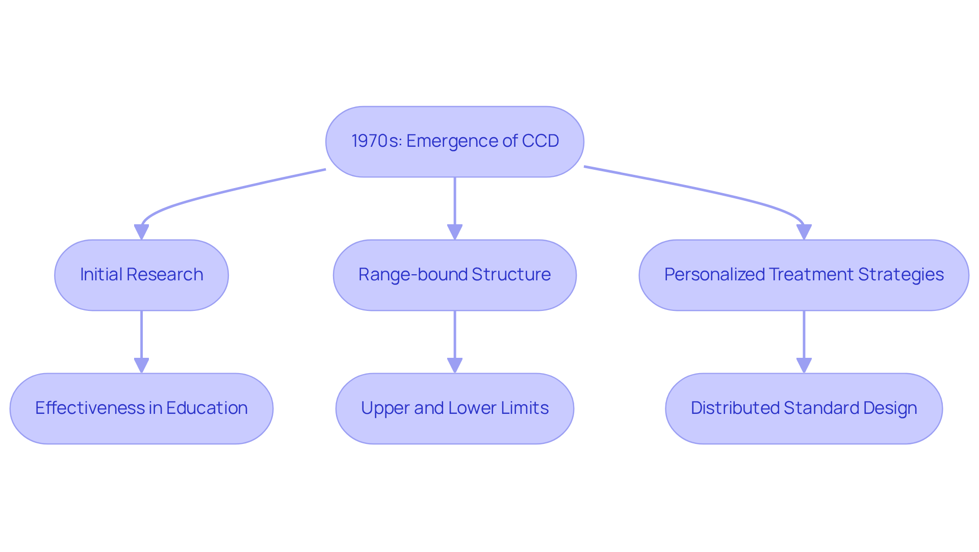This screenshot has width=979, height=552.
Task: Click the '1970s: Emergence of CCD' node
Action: [x=454, y=141]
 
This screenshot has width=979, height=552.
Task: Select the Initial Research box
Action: [x=141, y=275]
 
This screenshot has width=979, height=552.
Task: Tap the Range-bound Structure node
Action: [x=454, y=275]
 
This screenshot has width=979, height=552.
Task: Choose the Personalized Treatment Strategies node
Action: [x=804, y=275]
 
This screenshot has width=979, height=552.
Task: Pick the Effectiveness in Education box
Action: [x=141, y=409]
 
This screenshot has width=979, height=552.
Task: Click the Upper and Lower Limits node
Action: [x=454, y=409]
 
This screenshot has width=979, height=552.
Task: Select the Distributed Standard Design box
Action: [x=804, y=409]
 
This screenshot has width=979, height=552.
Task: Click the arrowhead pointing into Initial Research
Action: [x=141, y=232]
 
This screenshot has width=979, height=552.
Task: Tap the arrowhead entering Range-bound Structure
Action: [x=454, y=232]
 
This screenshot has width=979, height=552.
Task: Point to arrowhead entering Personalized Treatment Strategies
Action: [x=804, y=232]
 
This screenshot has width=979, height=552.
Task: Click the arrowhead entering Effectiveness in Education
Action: [x=141, y=365]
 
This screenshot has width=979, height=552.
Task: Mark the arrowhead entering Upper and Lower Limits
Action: [x=454, y=365]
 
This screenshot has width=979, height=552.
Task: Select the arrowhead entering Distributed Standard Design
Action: [x=804, y=365]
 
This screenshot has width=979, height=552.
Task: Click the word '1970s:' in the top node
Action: [x=376, y=141]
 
